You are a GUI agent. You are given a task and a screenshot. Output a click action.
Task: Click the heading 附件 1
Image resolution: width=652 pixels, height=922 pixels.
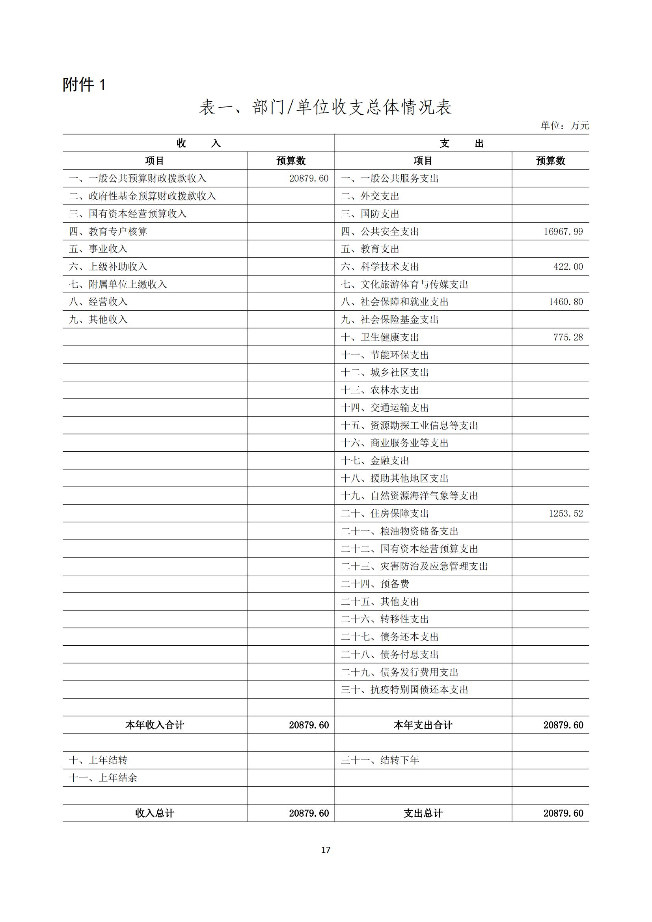point(84,85)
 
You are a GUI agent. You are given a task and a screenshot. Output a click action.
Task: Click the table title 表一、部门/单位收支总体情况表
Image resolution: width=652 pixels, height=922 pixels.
point(325,108)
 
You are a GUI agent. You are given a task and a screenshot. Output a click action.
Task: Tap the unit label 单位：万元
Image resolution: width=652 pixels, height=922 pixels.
point(564,126)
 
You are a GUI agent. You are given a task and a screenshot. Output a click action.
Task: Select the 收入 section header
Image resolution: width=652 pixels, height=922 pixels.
point(198,143)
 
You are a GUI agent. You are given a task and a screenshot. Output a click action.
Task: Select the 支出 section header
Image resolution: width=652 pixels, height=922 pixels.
point(462,143)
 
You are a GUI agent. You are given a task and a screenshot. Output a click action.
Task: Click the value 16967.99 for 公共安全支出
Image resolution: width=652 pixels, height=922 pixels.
point(563,232)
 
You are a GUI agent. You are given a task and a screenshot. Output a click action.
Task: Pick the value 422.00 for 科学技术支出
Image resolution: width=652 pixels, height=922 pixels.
point(568,266)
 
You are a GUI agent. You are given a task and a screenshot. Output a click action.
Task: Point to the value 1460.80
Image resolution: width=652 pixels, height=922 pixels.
point(566,302)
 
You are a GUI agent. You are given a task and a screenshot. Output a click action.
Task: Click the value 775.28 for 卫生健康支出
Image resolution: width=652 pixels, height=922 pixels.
point(568,337)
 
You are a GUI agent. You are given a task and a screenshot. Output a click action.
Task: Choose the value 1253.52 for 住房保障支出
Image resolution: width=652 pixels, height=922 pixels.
point(566,514)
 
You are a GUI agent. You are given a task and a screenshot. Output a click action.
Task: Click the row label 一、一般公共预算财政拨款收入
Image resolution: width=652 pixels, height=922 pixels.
point(137,179)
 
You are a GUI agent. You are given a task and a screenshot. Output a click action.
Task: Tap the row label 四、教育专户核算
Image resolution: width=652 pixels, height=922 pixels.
point(108,232)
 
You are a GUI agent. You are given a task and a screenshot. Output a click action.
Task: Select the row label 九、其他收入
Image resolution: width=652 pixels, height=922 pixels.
point(98,320)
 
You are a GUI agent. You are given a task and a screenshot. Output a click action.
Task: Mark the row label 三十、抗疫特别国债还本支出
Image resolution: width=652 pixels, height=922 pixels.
point(404,690)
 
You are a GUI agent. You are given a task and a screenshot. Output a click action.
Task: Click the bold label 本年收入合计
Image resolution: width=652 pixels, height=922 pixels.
point(155,725)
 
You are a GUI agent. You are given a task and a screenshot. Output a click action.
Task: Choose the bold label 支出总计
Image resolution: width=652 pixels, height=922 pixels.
point(423,814)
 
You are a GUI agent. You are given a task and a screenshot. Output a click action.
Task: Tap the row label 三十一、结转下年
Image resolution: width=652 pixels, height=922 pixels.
point(380,760)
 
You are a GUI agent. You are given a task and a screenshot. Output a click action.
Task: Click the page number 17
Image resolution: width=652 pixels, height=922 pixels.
point(326,850)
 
